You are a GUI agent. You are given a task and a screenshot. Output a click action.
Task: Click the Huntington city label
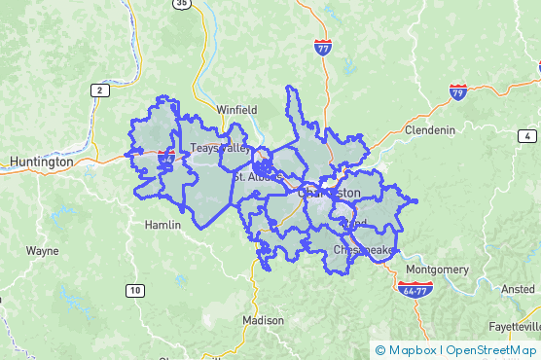pos(40,162)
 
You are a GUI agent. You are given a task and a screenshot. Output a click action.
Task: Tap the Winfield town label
pos(236,110)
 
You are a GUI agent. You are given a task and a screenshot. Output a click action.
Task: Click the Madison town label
pos(263,320)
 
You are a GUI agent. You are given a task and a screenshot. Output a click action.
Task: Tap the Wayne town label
pos(42,250)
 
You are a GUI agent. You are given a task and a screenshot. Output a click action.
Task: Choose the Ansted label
pos(518,289)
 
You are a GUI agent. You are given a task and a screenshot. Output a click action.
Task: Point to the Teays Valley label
pos(220,148)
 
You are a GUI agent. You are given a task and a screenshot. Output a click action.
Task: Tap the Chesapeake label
pos(363,250)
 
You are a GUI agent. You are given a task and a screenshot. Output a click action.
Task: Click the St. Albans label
pos(258,177)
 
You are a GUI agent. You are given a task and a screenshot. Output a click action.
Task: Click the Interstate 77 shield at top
pos(323,46)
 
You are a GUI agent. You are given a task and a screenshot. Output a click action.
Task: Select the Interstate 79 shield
pos(457,92)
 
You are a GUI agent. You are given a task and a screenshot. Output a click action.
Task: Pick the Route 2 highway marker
pos(99,90)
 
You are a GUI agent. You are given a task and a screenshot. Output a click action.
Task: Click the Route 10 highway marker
pos(135,290)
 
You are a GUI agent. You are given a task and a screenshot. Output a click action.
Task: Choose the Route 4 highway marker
pos(526,135)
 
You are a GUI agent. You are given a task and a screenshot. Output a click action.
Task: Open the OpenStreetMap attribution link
pos(490,350)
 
